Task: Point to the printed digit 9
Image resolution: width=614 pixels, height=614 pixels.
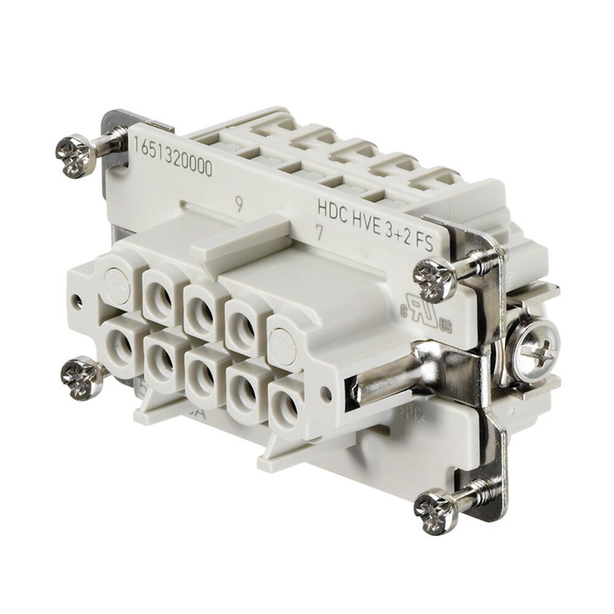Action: (240, 204)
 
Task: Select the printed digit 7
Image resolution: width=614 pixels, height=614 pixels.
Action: (317, 232)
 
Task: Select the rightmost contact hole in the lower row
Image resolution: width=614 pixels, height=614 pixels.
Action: (287, 402)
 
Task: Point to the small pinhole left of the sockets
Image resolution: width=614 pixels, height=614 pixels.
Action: (76, 301)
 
